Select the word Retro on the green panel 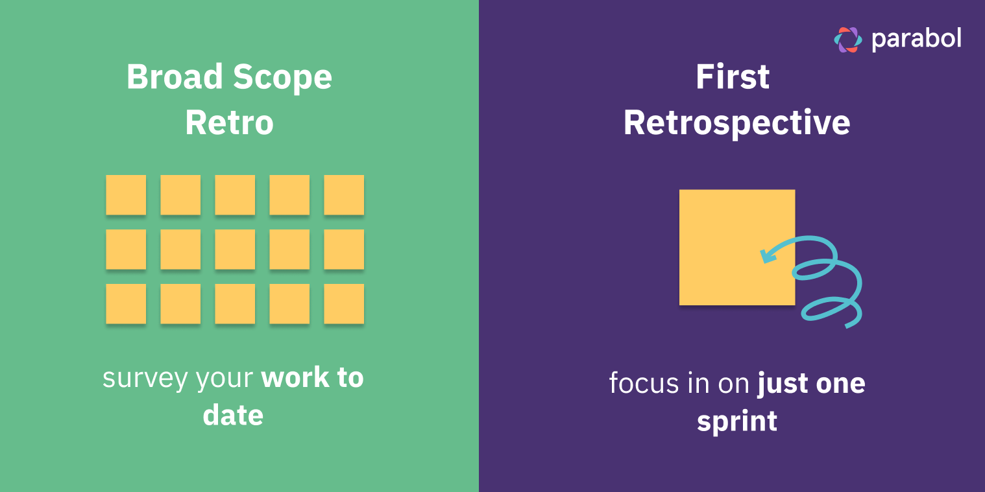pyautogui.click(x=229, y=123)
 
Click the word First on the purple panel pyautogui.click(x=733, y=77)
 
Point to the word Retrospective pyautogui.click(x=736, y=123)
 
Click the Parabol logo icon pyautogui.click(x=847, y=40)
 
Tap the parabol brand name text pyautogui.click(x=916, y=40)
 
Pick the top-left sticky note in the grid pyautogui.click(x=126, y=194)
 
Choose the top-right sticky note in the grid pyautogui.click(x=344, y=194)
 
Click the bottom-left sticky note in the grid pyautogui.click(x=126, y=303)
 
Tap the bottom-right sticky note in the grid pyautogui.click(x=344, y=303)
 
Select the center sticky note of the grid pyautogui.click(x=235, y=249)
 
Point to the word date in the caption pyautogui.click(x=233, y=416)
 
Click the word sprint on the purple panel pyautogui.click(x=736, y=422)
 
